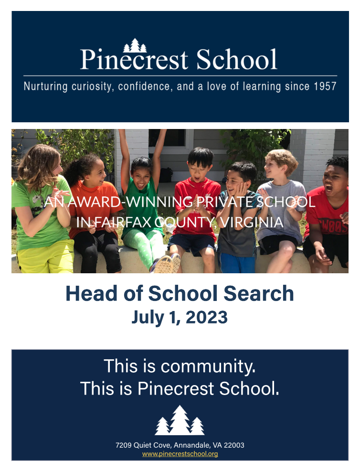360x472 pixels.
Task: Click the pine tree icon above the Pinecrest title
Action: pyautogui.click(x=135, y=45)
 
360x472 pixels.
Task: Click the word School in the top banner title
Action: pyautogui.click(x=236, y=59)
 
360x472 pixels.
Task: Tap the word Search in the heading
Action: pyautogui.click(x=259, y=293)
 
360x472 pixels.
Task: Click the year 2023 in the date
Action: pyautogui.click(x=207, y=317)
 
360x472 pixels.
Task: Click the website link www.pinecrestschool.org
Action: pyautogui.click(x=180, y=454)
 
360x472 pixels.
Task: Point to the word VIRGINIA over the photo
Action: pyautogui.click(x=252, y=222)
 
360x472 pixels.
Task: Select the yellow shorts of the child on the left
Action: pyautogui.click(x=45, y=257)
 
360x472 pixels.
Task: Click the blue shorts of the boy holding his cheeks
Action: pyautogui.click(x=237, y=262)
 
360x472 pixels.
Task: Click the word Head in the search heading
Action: pyautogui.click(x=91, y=293)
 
